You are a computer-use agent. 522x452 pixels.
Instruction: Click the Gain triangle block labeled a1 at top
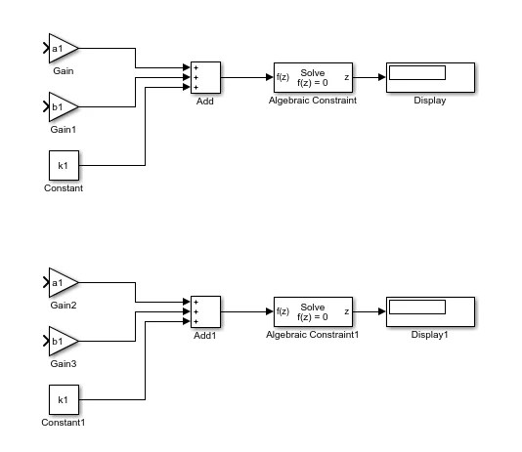62,48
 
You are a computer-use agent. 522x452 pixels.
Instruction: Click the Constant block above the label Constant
64,165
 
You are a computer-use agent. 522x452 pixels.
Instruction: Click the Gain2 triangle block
62,284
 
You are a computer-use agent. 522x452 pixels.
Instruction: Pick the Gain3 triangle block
62,342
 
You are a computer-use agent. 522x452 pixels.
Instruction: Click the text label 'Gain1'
63,129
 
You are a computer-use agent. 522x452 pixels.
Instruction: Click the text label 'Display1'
430,335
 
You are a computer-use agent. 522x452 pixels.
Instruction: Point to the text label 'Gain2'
64,306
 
